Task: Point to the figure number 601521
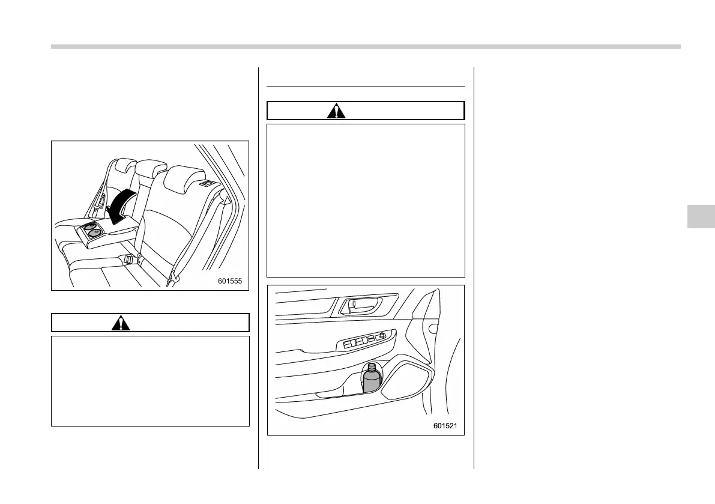coord(445,426)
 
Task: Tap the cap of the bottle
coord(372,365)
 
